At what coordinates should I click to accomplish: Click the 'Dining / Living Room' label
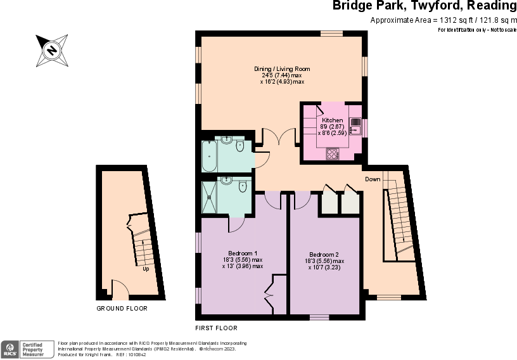coord(282,68)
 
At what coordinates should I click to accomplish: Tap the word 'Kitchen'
coord(333,120)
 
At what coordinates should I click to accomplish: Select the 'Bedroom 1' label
coord(242,253)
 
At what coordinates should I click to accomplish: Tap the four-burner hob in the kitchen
coord(333,153)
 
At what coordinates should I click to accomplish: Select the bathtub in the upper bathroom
coord(208,156)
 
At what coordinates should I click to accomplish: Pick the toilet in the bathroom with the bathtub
coord(239,147)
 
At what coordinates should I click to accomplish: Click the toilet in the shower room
coord(243,187)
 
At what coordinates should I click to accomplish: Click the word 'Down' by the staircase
coord(373,179)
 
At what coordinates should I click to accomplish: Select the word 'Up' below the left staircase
coord(146,269)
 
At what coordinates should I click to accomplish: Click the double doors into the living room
coord(280,137)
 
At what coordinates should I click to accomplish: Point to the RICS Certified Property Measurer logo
coord(28,349)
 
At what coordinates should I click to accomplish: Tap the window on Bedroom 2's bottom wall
coord(319,317)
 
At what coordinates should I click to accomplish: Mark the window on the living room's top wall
coord(331,34)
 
